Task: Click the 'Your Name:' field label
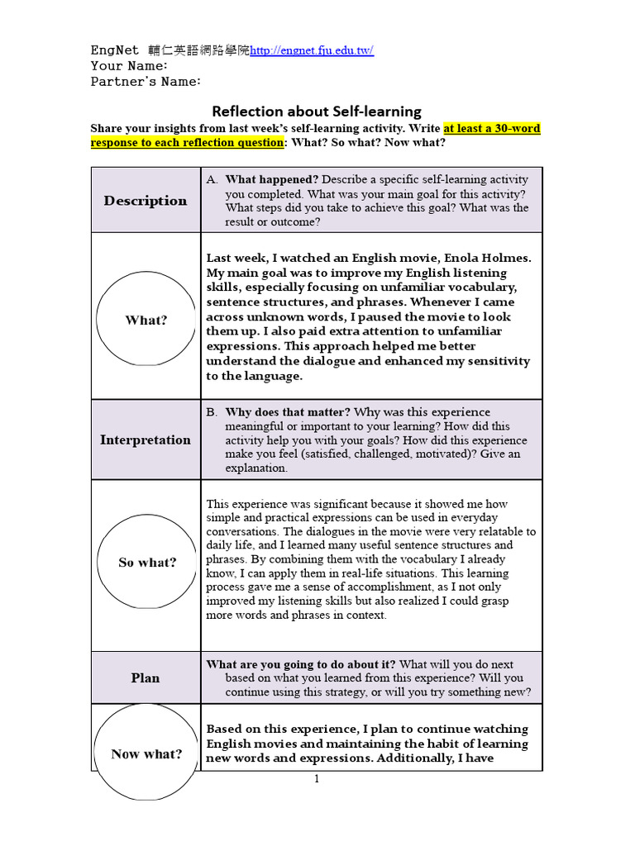pyautogui.click(x=129, y=66)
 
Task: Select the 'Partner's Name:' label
pyautogui.click(x=146, y=82)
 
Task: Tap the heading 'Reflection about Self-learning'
pyautogui.click(x=317, y=111)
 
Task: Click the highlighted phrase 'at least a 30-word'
pyautogui.click(x=491, y=128)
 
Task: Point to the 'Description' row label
pyautogui.click(x=146, y=201)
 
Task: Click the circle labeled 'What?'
pyautogui.click(x=146, y=320)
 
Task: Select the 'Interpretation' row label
pyautogui.click(x=146, y=440)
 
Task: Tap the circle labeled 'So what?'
pyautogui.click(x=147, y=563)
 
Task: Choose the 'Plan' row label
pyautogui.click(x=146, y=677)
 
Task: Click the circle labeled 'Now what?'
pyautogui.click(x=146, y=753)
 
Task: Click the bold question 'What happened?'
pyautogui.click(x=272, y=179)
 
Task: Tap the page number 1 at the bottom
pyautogui.click(x=316, y=779)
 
